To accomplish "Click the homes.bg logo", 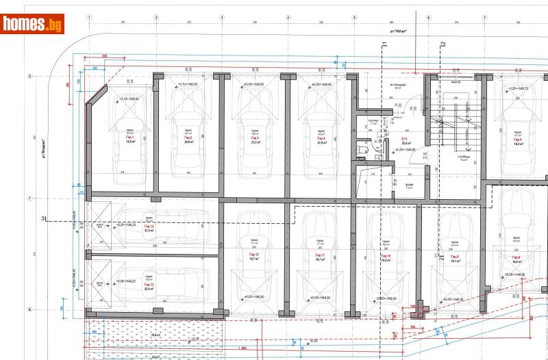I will click(x=33, y=24).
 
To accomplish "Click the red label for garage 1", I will click(x=129, y=138).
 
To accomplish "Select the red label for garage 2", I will click(x=188, y=138).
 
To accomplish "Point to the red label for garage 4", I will click(x=321, y=138).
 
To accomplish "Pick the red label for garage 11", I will click(x=320, y=255).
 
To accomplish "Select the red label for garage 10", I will click(x=386, y=255).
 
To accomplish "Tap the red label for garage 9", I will click(x=453, y=255).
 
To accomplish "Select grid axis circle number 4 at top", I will click(x=288, y=17).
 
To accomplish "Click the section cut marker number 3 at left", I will click(x=43, y=218).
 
